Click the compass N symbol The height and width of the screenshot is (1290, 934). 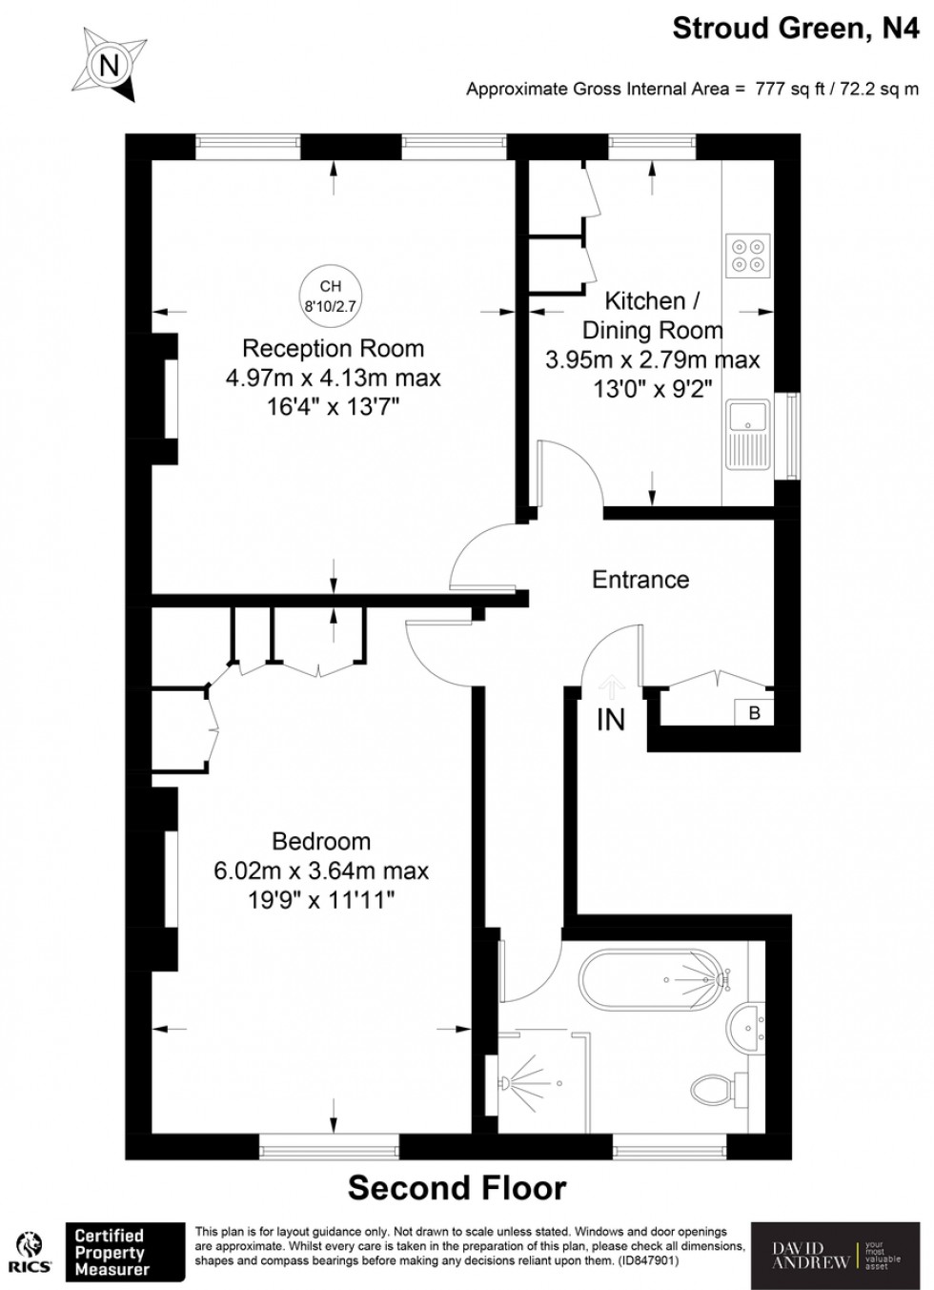pyautogui.click(x=111, y=65)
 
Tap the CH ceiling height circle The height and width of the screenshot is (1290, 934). pyautogui.click(x=330, y=296)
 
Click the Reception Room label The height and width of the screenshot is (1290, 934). pyautogui.click(x=333, y=348)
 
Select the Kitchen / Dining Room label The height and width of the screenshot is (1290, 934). pyautogui.click(x=653, y=316)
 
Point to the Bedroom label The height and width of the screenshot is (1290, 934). pyautogui.click(x=321, y=841)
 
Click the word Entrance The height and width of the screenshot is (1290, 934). pyautogui.click(x=640, y=580)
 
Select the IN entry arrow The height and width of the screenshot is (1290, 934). pyautogui.click(x=611, y=686)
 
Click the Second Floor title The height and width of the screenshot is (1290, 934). pyautogui.click(x=457, y=1188)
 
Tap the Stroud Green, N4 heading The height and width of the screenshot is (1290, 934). pyautogui.click(x=796, y=29)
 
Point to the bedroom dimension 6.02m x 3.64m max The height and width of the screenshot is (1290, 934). pyautogui.click(x=321, y=870)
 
